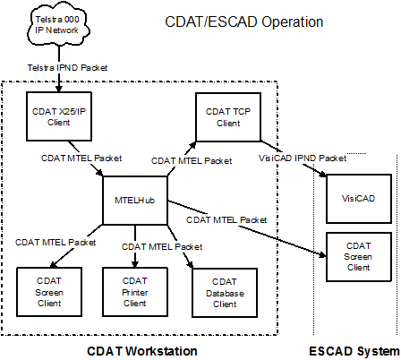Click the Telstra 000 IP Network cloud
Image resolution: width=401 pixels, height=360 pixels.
click(x=59, y=25)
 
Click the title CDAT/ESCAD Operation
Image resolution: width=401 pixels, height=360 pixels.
click(x=244, y=21)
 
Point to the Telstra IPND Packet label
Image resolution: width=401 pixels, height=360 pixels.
click(x=67, y=68)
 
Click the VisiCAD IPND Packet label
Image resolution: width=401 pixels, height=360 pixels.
click(x=303, y=158)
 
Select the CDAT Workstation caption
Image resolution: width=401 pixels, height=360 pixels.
click(x=142, y=351)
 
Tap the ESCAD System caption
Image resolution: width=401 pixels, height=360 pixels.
click(x=354, y=351)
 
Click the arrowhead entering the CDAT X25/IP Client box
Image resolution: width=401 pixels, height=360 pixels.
click(x=59, y=89)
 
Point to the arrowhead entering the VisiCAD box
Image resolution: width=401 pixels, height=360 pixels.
click(x=323, y=175)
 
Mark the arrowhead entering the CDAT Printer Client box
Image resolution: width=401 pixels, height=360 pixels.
click(x=135, y=264)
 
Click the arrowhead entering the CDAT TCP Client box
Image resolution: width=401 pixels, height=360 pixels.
click(x=192, y=145)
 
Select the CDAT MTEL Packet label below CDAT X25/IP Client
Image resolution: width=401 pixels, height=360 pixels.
click(x=81, y=159)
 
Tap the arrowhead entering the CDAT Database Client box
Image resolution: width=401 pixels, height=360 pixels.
click(x=190, y=264)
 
